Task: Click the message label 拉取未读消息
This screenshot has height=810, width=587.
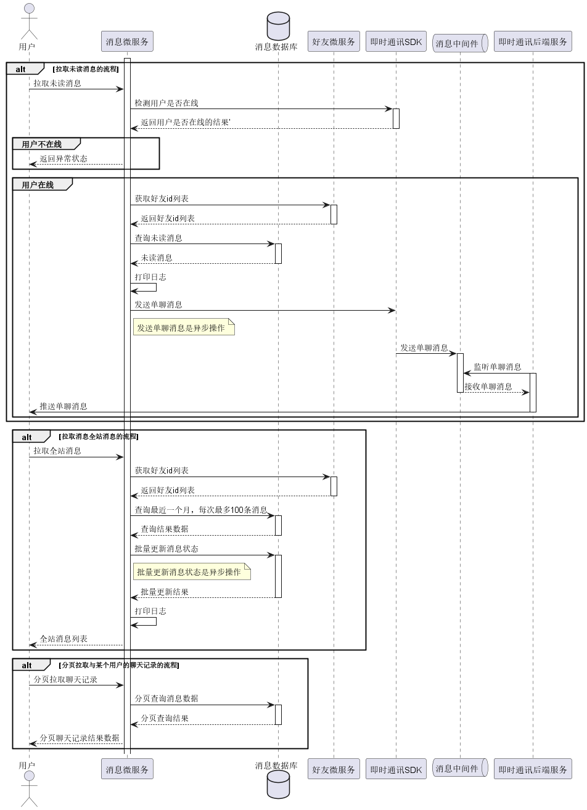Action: click(x=57, y=83)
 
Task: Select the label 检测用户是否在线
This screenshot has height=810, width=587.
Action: click(x=166, y=103)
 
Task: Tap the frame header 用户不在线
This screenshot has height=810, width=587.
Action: click(x=42, y=144)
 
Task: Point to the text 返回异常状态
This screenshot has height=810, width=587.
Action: click(x=64, y=158)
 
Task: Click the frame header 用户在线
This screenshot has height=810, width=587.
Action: click(x=38, y=185)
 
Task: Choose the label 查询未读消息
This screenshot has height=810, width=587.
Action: click(x=158, y=238)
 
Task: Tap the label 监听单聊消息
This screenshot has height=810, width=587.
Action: click(x=497, y=367)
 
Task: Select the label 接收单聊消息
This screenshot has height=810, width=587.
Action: click(x=488, y=387)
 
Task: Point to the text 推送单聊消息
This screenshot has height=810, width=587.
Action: click(x=64, y=406)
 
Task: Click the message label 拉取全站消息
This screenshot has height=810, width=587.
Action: click(x=57, y=451)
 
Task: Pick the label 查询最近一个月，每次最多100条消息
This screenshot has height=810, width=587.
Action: click(x=201, y=510)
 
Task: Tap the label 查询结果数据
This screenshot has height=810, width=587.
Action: click(x=165, y=529)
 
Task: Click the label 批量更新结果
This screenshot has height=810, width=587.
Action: click(x=165, y=592)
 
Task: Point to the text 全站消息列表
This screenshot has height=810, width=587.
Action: click(x=64, y=639)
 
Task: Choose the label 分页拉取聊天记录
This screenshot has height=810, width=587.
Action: click(x=65, y=679)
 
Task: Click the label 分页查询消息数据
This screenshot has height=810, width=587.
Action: click(x=166, y=698)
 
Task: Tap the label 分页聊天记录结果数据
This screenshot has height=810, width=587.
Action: click(x=80, y=738)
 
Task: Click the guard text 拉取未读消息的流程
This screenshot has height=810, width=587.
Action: click(x=86, y=69)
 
